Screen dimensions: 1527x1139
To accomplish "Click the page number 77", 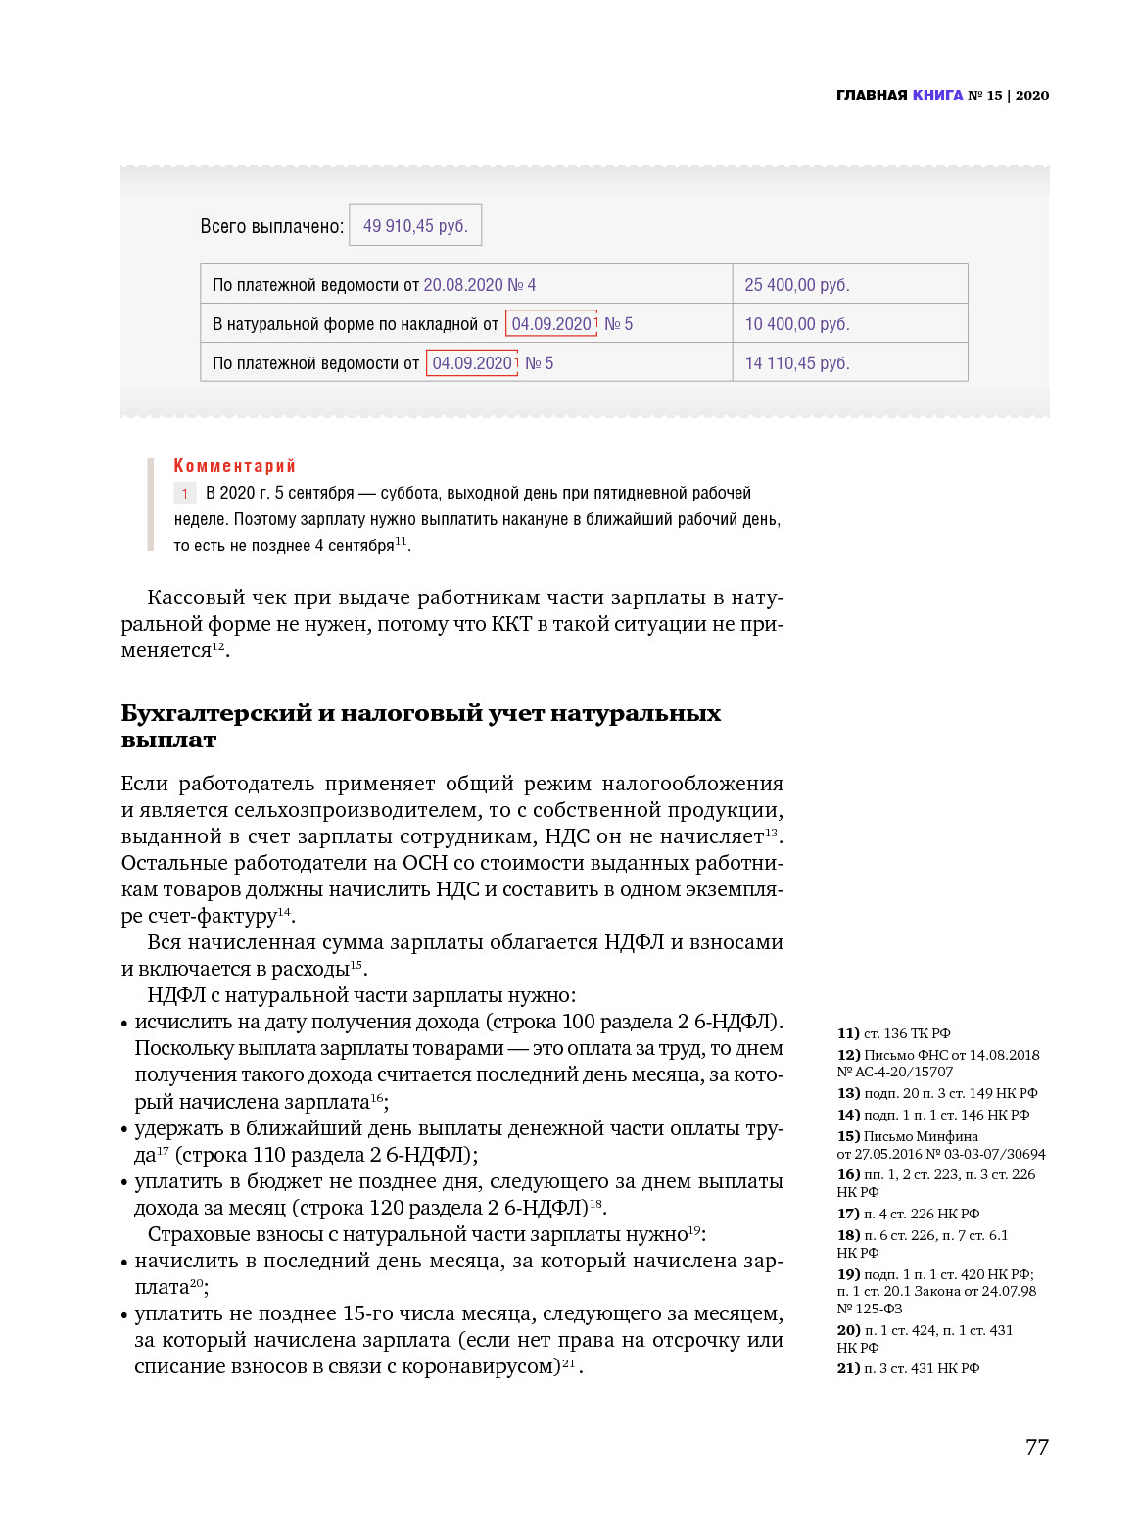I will [x=1036, y=1447].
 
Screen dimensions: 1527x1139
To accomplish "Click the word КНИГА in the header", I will [x=937, y=95].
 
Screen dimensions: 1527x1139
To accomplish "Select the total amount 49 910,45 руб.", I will [x=415, y=226].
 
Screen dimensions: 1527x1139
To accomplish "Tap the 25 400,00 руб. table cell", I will [x=797, y=285].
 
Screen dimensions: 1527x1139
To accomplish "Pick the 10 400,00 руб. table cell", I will [x=797, y=324].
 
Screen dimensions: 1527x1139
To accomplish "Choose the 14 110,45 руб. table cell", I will [x=797, y=363].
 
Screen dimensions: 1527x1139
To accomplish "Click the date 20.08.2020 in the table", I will [x=463, y=285].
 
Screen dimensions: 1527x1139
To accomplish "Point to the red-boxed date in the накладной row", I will [x=551, y=324].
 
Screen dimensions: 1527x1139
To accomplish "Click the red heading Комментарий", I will [x=234, y=466].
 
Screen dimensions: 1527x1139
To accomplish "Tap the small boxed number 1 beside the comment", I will [x=184, y=494].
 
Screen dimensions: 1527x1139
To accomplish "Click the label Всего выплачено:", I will [x=272, y=226].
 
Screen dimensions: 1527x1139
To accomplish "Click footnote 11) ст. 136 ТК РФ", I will [x=893, y=1033].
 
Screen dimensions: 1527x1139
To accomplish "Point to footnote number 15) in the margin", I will [x=848, y=1136].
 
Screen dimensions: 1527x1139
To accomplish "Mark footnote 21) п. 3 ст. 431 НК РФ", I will [x=908, y=1368].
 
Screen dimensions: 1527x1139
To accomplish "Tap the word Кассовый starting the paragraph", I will [x=193, y=597].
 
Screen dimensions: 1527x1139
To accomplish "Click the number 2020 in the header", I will [x=1032, y=95].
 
